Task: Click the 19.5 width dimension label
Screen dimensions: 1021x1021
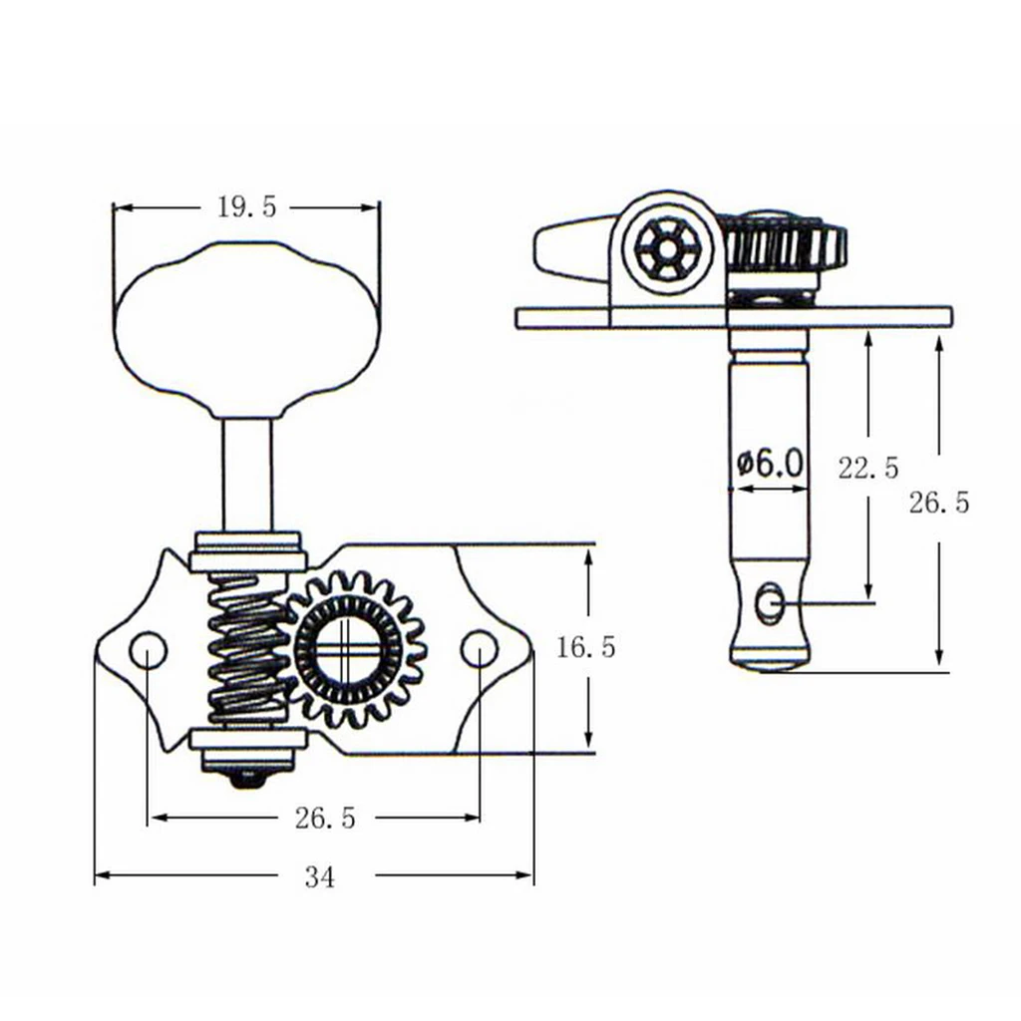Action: (x=245, y=206)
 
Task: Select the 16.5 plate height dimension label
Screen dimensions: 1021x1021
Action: (x=586, y=648)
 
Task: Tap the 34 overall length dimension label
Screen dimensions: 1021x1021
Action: (x=320, y=876)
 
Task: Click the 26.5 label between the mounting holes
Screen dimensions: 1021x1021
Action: (x=325, y=819)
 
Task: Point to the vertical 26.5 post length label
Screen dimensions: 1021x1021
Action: (x=938, y=503)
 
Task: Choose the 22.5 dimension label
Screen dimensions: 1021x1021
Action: (x=868, y=468)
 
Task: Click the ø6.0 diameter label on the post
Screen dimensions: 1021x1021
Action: (x=769, y=463)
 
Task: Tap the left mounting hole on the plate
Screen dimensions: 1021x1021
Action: (x=148, y=650)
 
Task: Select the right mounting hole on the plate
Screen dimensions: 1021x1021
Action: (x=479, y=649)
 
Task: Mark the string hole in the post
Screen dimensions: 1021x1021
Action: (x=769, y=604)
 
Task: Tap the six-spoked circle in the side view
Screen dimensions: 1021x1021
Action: (x=663, y=246)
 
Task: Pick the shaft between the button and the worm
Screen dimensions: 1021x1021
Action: (x=246, y=475)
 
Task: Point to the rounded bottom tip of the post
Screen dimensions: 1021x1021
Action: (x=769, y=659)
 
